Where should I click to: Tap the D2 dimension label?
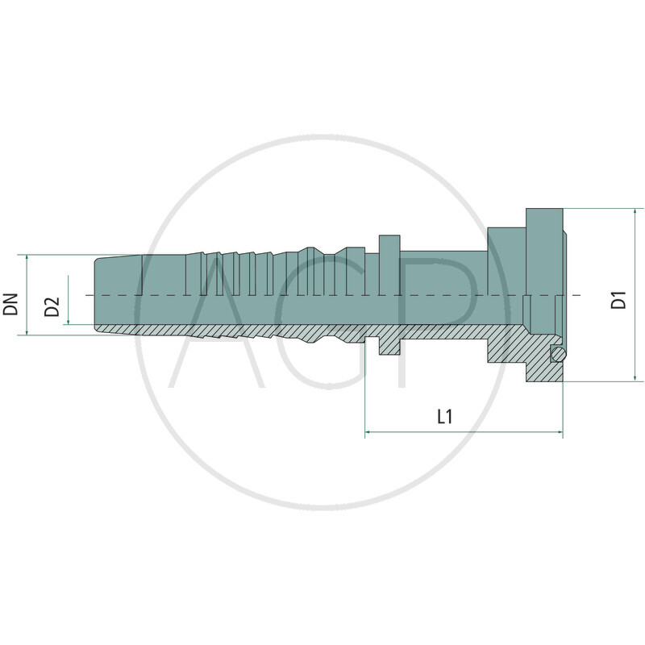[x=52, y=307]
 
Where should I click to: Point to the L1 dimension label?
[x=444, y=417]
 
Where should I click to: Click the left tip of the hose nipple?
[x=96, y=295]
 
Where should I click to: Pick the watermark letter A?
[x=218, y=322]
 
